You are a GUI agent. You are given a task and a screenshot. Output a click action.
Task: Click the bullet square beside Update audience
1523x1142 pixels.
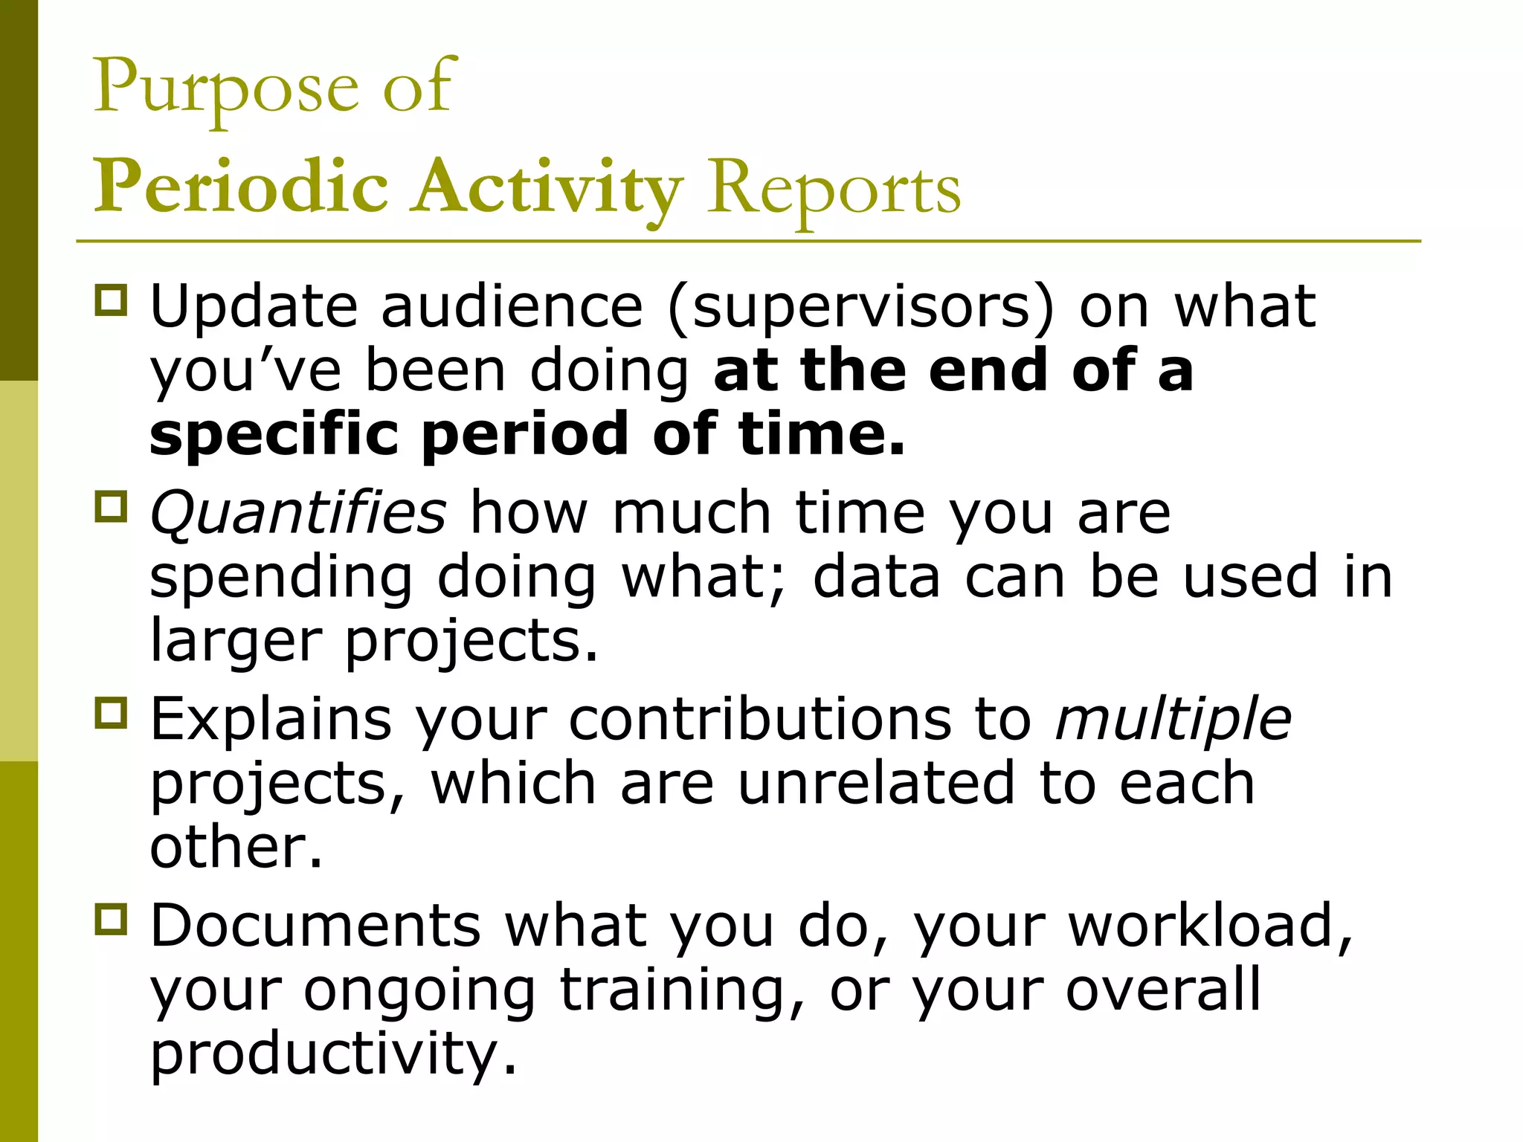[x=112, y=300]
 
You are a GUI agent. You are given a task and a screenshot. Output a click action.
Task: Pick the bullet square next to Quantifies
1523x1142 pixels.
[x=112, y=507]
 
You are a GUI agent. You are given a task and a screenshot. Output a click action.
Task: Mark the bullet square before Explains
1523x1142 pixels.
[x=112, y=713]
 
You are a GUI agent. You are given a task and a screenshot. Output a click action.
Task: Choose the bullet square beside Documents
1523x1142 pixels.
[x=112, y=920]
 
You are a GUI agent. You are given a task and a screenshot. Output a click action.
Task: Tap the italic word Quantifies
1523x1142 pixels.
[x=298, y=512]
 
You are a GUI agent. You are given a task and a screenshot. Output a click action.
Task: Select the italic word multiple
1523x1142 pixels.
[x=1173, y=719]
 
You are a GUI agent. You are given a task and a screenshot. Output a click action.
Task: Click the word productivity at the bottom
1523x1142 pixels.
[x=333, y=1054]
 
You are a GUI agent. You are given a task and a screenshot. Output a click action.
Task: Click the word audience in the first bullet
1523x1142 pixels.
[x=512, y=306]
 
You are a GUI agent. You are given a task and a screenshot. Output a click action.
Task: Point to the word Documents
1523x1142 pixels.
[x=316, y=926]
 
